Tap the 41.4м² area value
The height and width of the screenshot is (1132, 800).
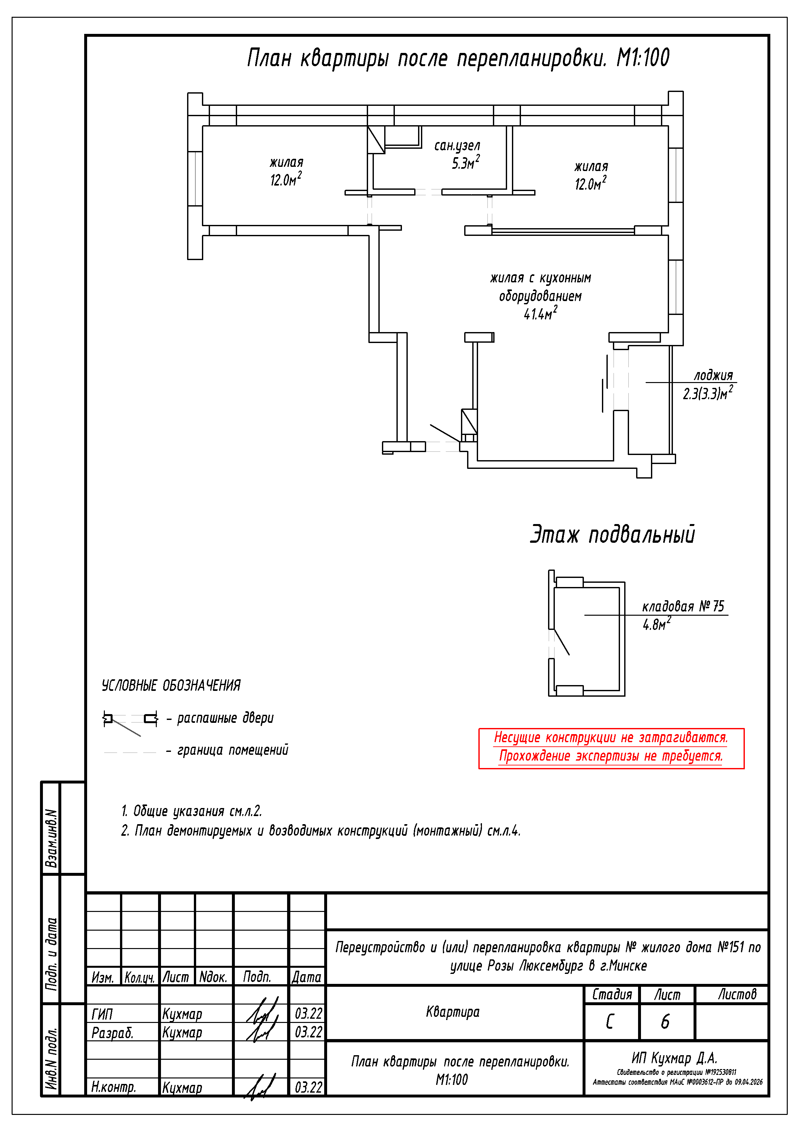(x=540, y=314)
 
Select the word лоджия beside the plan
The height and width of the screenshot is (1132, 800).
(x=713, y=375)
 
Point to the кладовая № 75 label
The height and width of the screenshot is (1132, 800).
(x=683, y=606)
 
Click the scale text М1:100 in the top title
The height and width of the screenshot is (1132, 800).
(x=643, y=58)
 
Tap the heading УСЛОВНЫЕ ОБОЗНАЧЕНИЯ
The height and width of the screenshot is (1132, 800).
(x=171, y=685)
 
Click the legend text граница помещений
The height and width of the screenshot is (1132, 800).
(x=233, y=750)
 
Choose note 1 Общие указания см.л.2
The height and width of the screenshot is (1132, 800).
(x=192, y=811)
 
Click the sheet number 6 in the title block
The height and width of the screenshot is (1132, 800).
(x=665, y=1022)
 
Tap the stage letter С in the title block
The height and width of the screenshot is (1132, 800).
(x=610, y=1022)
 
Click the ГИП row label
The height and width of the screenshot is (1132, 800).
(x=102, y=1014)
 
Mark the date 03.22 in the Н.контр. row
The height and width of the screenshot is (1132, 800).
(x=308, y=1087)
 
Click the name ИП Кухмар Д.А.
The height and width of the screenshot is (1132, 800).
(x=674, y=1058)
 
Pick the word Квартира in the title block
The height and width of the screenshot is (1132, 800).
(x=453, y=1012)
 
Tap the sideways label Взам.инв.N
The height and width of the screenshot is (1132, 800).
(x=51, y=838)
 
